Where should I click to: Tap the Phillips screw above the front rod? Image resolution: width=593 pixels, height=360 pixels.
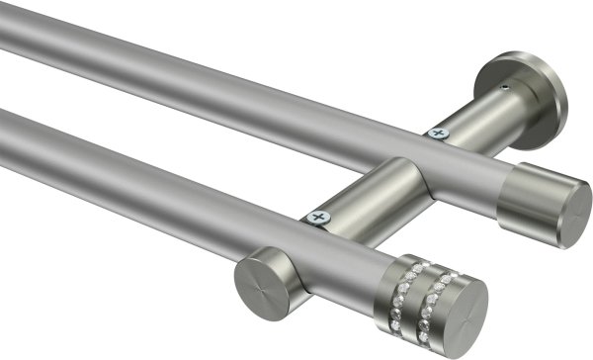point(318,216)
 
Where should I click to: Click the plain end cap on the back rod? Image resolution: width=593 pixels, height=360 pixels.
point(542,206)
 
